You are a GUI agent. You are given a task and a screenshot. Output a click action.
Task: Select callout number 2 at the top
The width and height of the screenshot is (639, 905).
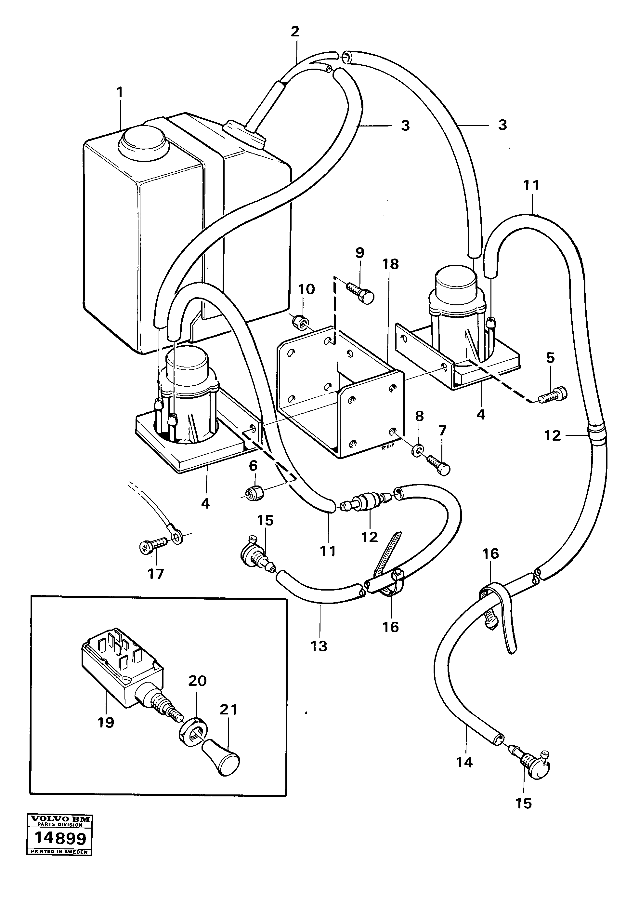[x=295, y=32]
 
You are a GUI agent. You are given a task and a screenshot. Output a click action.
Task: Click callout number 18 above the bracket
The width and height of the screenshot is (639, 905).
[x=390, y=264]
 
